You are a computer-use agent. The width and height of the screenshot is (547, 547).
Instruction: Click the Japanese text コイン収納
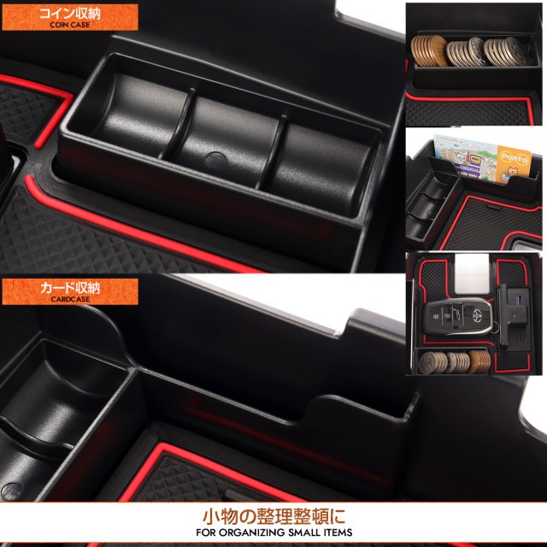point(70,14)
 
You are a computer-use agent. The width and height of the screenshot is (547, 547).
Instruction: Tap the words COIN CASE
point(70,25)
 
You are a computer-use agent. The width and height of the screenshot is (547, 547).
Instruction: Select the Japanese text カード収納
point(70,288)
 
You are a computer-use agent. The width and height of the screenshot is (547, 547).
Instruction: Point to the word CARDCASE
point(70,299)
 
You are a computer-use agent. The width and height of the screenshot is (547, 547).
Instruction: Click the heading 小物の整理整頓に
point(273,516)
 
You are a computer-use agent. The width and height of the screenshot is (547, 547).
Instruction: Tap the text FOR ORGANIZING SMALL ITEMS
point(273,532)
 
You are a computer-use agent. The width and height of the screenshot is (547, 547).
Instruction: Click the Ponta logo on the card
point(514,157)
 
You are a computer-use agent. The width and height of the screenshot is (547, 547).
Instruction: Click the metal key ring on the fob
point(497,327)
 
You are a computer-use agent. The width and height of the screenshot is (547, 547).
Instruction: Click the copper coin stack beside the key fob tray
point(479,362)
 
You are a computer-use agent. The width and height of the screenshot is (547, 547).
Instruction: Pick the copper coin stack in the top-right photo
point(429,51)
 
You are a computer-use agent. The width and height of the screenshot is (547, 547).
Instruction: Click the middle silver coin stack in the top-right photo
point(464,51)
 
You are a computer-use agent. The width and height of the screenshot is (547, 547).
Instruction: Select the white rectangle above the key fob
point(473,273)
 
